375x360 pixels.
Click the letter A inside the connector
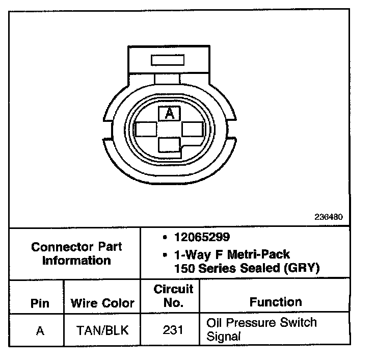pyautogui.click(x=170, y=114)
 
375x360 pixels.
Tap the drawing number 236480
pyautogui.click(x=329, y=216)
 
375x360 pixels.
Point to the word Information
pyautogui.click(x=76, y=261)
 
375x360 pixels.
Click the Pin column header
pyautogui.click(x=40, y=303)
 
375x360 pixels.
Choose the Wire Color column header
pyautogui.click(x=102, y=303)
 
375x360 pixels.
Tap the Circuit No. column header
pyautogui.click(x=173, y=296)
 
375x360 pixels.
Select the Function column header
pyautogui.click(x=275, y=302)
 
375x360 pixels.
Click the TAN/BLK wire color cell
pyautogui.click(x=102, y=330)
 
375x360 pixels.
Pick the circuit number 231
pyautogui.click(x=173, y=330)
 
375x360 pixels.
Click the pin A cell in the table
pyautogui.click(x=40, y=330)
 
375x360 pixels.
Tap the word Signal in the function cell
pyautogui.click(x=223, y=337)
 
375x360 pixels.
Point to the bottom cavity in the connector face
pyautogui.click(x=170, y=146)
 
